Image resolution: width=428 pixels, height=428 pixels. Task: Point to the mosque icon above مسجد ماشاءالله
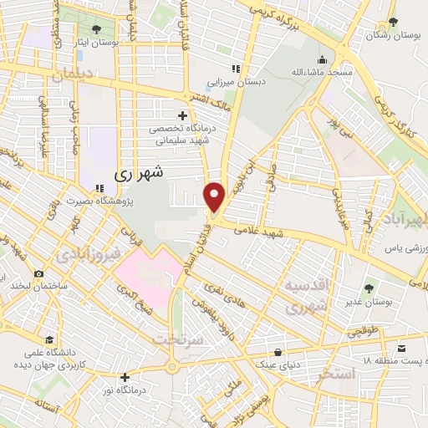pos(322,59)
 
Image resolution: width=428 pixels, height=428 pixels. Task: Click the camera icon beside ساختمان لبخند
pos(38,274)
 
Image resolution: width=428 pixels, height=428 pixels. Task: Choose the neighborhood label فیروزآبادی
pos(88,252)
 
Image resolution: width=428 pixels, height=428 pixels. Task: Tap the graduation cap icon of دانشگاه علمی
pos(51,341)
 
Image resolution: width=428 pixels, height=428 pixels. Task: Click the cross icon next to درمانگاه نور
pos(125,376)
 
